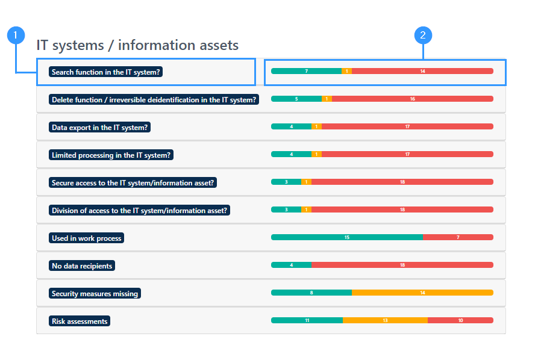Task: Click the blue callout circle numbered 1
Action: [x=16, y=36]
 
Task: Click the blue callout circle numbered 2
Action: [x=423, y=36]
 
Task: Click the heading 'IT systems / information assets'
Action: [x=137, y=45]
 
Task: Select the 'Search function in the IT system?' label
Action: [x=105, y=72]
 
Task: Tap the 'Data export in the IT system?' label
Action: [x=99, y=128]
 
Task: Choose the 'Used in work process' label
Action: [x=87, y=238]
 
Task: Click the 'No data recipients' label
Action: [x=82, y=265]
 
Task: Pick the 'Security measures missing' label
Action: [x=95, y=294]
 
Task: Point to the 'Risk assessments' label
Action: [x=80, y=321]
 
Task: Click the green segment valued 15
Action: [x=347, y=237]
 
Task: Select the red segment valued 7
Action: [x=458, y=237]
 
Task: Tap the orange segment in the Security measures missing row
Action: [x=423, y=293]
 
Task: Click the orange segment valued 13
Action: [x=386, y=320]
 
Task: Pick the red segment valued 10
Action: [x=460, y=320]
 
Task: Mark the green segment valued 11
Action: [x=307, y=320]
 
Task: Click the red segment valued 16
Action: [x=413, y=99]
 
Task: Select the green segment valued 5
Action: [x=296, y=99]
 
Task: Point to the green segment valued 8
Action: [x=311, y=293]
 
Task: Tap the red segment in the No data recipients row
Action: [x=402, y=265]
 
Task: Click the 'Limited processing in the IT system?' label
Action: [x=111, y=155]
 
